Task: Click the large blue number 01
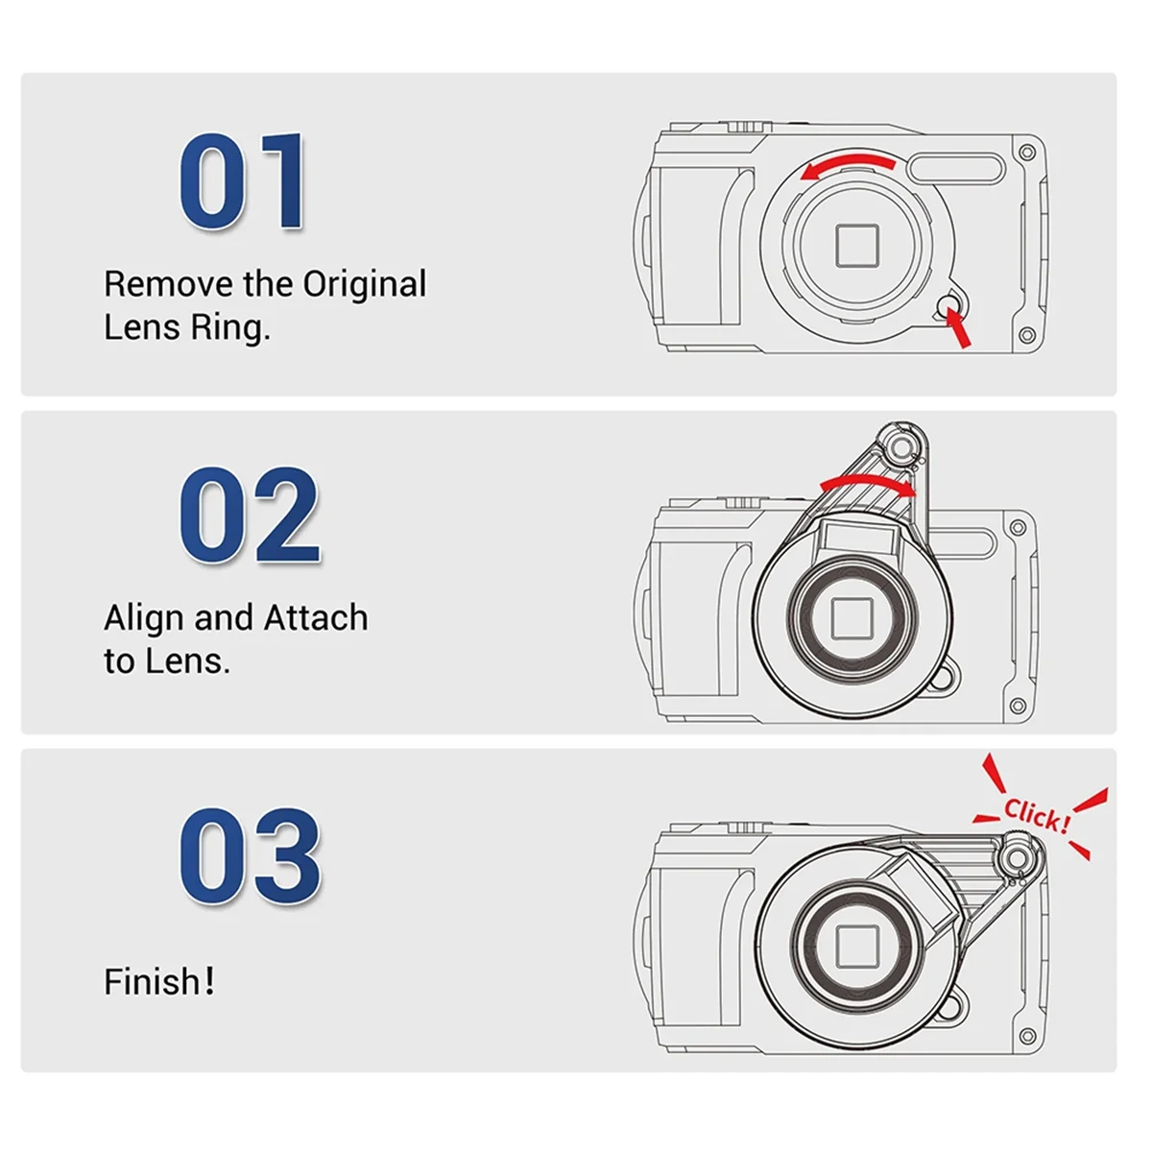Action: [243, 182]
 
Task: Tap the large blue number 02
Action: [249, 516]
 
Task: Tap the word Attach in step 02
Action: [316, 617]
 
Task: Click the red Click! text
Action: [1036, 815]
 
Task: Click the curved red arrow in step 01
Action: [849, 164]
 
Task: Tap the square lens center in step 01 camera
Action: [856, 246]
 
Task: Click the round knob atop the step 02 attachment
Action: [900, 446]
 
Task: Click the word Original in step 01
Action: [365, 284]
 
